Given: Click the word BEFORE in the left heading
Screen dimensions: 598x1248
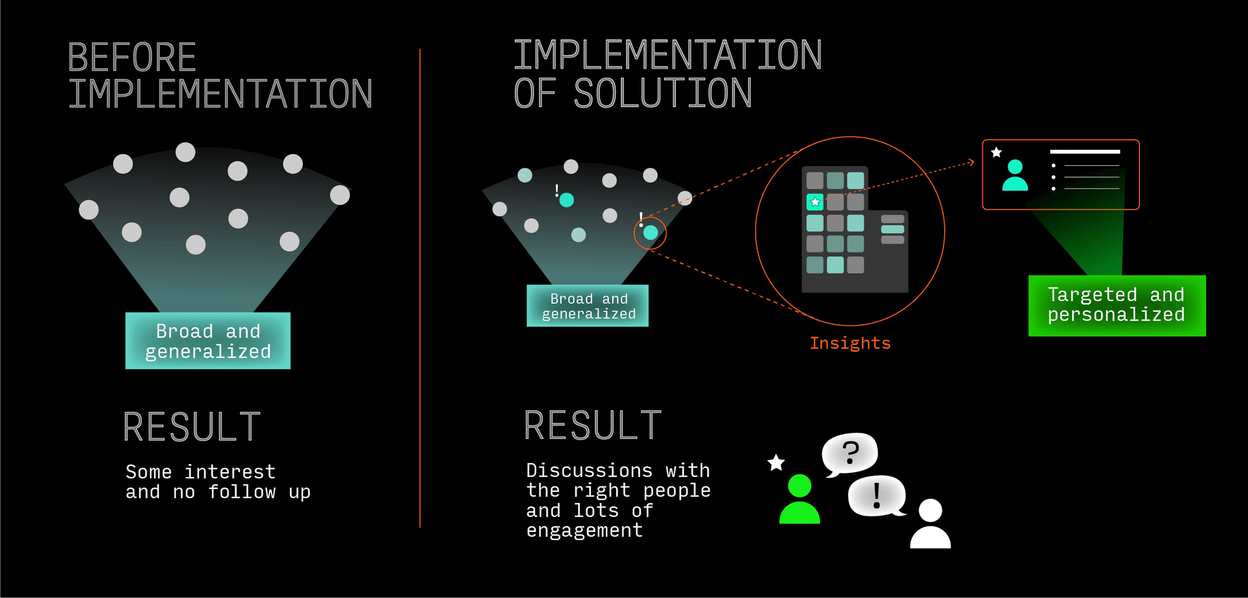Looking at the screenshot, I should click(132, 57).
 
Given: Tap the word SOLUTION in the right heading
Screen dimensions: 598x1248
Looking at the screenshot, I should click(663, 94).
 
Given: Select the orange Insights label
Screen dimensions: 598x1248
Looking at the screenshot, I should click(850, 343).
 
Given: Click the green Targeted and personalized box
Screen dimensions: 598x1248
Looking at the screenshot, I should click(1116, 306).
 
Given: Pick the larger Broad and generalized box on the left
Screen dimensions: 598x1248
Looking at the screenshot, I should click(208, 340).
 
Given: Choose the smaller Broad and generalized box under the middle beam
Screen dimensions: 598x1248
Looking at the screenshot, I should click(588, 306).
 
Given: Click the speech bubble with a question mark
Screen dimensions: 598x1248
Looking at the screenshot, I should click(850, 453).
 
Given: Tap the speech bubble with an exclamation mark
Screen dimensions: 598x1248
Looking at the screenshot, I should click(877, 496).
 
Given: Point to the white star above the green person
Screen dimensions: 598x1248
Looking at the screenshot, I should click(776, 463).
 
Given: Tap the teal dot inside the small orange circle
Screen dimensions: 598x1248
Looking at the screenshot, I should click(651, 233).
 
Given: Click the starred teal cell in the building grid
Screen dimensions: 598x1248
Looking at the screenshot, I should click(815, 202).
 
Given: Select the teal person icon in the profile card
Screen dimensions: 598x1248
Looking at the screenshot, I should click(1015, 175).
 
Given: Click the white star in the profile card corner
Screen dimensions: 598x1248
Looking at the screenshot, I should click(997, 152).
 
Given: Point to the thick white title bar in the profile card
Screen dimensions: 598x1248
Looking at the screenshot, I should click(1085, 152).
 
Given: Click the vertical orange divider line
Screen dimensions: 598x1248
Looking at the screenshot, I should click(420, 287).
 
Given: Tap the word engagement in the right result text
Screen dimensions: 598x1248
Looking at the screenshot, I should click(584, 531).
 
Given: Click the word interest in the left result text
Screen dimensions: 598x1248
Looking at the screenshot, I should click(230, 472).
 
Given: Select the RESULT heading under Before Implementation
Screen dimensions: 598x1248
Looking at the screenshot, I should click(192, 427).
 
